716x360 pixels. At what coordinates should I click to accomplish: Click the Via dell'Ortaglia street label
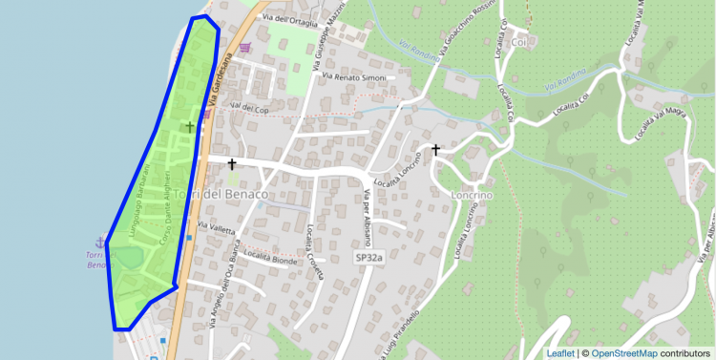289,19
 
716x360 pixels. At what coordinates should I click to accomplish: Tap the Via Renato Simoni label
353,76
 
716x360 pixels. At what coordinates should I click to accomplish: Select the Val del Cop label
247,107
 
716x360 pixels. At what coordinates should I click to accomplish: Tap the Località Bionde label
269,256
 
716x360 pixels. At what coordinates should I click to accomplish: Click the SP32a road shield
369,258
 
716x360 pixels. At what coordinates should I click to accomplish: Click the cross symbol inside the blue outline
189,126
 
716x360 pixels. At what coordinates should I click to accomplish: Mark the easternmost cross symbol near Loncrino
436,150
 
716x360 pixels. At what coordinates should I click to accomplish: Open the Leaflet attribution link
561,353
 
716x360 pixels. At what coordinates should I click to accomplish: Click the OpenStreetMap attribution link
623,353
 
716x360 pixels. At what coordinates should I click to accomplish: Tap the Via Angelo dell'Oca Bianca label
221,295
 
